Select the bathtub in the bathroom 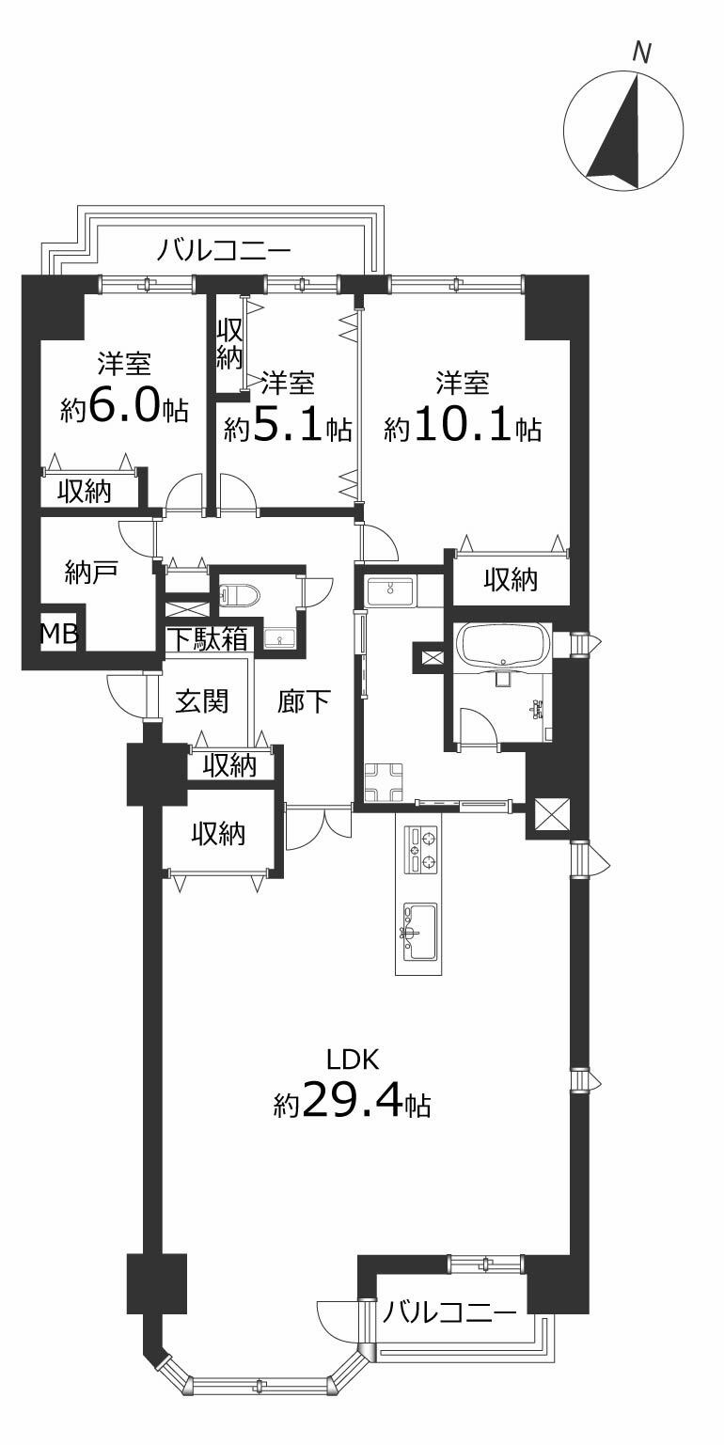pos(503,642)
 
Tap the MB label pos(58,634)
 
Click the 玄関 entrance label pos(202,700)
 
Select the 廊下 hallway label pos(304,700)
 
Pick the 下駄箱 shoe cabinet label pos(208,639)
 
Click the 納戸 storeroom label pos(91,572)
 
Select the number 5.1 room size pos(286,427)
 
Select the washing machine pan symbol pos(384,781)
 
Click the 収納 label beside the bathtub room pos(511,580)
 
